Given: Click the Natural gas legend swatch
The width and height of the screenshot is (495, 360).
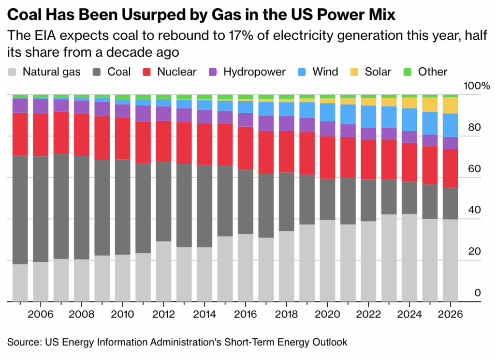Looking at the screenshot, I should pos(12,73).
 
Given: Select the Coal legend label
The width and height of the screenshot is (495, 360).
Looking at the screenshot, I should pos(119,72).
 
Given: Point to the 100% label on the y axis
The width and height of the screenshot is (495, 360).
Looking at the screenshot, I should pos(477,86).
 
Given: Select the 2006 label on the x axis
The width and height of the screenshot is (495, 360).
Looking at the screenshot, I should pos(41,314).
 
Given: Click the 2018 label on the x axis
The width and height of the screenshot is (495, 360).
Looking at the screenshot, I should pos(287,314).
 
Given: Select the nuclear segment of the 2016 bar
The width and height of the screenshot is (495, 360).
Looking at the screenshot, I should pos(246,148).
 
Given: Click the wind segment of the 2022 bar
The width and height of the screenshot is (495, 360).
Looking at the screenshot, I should pos(369,116).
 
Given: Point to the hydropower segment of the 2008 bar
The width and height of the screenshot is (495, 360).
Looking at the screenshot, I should pos(82,106).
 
